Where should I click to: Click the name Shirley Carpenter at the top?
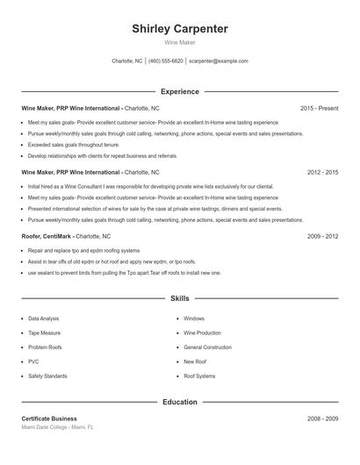(180, 29)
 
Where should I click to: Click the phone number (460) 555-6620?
(165, 61)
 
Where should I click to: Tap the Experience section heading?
(180, 91)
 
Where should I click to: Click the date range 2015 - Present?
(319, 108)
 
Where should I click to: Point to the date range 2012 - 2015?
(322, 173)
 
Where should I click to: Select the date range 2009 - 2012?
(322, 237)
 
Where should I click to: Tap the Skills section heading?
(180, 299)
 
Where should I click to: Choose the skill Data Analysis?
(44, 318)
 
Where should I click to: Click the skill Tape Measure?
(45, 333)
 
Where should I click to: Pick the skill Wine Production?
(202, 333)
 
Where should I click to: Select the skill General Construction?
(207, 347)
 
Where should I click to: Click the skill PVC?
(33, 361)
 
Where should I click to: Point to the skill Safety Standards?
(47, 376)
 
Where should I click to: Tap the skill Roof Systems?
(199, 376)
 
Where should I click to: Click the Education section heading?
(180, 402)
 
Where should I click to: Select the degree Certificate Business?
(49, 418)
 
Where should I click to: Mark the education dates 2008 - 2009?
(322, 418)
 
